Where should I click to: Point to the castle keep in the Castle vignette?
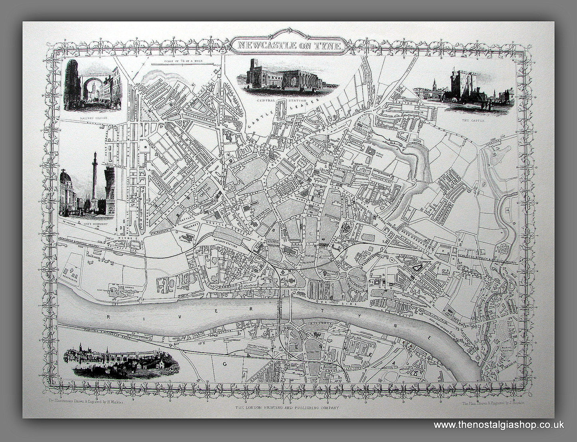(458, 86)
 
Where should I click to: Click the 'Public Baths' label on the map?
(379, 152)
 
